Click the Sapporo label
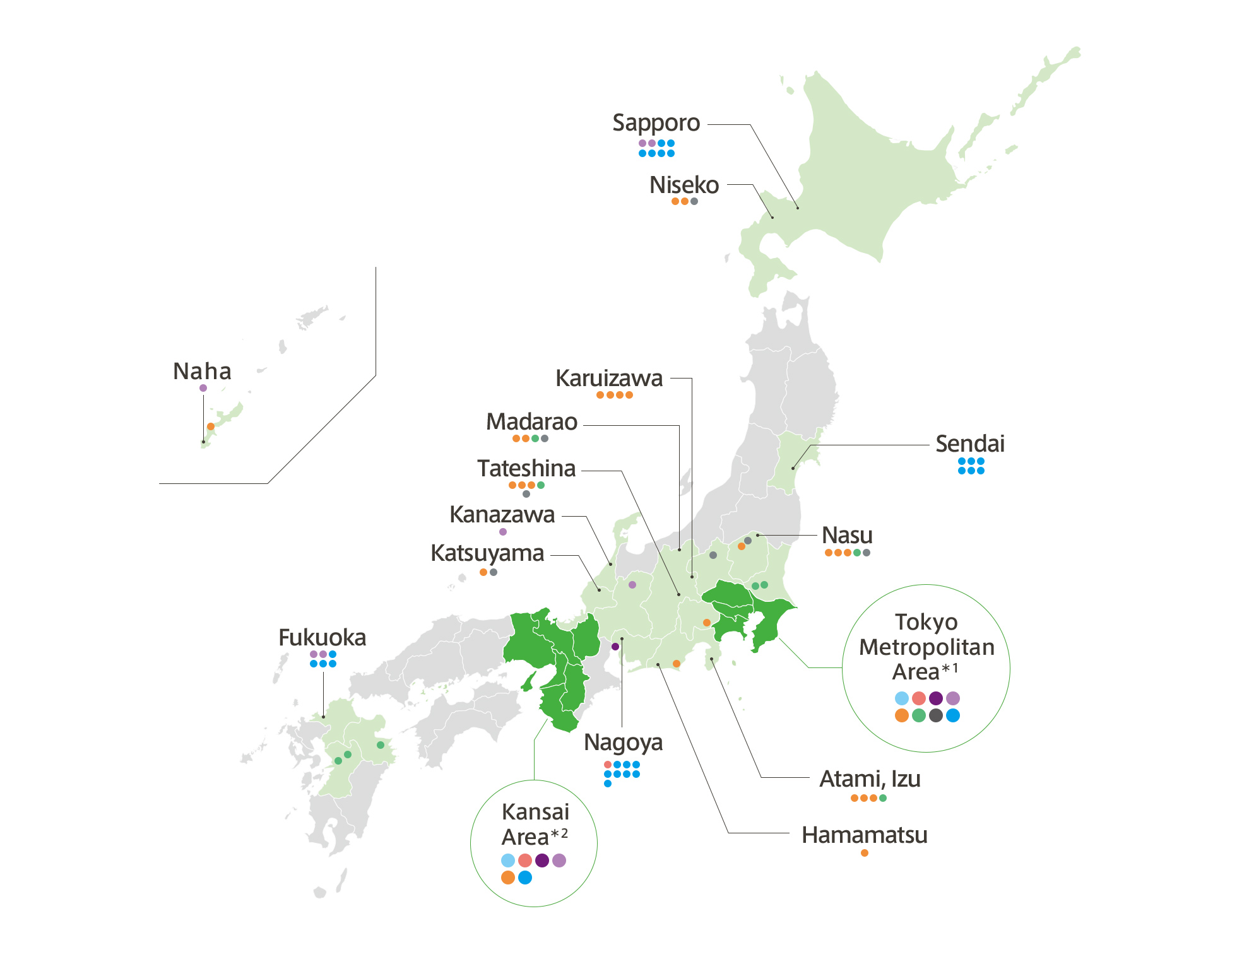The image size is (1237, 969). (656, 123)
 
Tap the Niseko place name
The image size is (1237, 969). (684, 185)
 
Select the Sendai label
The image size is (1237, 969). (969, 444)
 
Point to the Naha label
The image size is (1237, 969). (202, 372)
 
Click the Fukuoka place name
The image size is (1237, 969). (322, 638)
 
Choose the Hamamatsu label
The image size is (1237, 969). (864, 835)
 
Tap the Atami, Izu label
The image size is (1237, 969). (870, 779)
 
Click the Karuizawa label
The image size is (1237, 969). (609, 379)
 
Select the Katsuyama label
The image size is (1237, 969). (487, 553)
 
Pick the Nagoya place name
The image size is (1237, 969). (623, 743)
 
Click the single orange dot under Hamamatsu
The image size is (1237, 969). (865, 853)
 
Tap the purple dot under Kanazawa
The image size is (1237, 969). (503, 532)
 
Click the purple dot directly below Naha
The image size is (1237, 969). (203, 388)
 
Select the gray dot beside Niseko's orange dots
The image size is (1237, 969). (694, 201)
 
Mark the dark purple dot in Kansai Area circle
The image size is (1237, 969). (542, 860)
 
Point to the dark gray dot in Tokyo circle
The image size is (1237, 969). (936, 715)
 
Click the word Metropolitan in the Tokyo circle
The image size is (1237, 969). (926, 647)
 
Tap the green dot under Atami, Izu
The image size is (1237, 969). (883, 798)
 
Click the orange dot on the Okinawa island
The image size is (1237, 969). (211, 426)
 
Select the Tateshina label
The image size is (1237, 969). (526, 469)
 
